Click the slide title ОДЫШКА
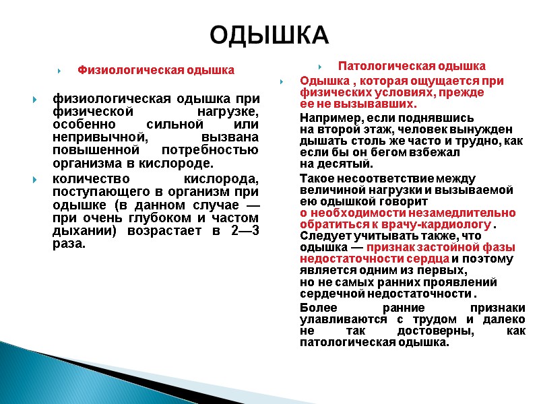[269, 34]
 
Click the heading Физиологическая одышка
[156, 69]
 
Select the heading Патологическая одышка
[412, 66]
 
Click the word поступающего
[98, 192]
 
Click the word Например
[327, 119]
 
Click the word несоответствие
[378, 178]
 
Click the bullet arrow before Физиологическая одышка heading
[61, 70]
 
